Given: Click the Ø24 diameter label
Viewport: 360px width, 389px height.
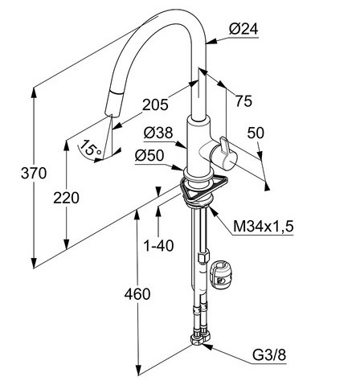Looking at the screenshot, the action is point(243,29).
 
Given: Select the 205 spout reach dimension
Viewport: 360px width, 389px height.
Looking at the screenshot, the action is point(155,104).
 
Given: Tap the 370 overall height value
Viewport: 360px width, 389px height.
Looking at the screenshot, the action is point(34,173).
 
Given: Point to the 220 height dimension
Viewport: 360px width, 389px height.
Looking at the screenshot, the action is point(66,198).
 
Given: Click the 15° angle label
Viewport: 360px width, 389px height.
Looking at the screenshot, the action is point(91,148).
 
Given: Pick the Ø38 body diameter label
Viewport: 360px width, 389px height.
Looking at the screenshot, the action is point(158,133).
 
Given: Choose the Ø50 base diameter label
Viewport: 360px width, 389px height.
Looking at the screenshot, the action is point(149,155).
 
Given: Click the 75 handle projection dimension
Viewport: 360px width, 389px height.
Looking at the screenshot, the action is point(243,101).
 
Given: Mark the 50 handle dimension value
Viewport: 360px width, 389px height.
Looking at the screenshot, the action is point(256,133).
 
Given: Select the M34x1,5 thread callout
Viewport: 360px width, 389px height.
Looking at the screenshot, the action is point(264,227).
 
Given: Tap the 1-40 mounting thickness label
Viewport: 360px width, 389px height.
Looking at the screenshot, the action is point(158,245).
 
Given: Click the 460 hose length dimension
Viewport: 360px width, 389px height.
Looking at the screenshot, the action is point(137,294).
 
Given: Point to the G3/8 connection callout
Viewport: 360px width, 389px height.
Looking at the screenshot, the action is point(269,355).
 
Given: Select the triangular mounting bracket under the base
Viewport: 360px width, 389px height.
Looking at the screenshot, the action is point(203,186).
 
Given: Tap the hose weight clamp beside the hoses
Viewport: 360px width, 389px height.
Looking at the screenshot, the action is point(222,276).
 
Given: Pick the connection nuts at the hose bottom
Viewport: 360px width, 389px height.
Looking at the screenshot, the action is point(200,338).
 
